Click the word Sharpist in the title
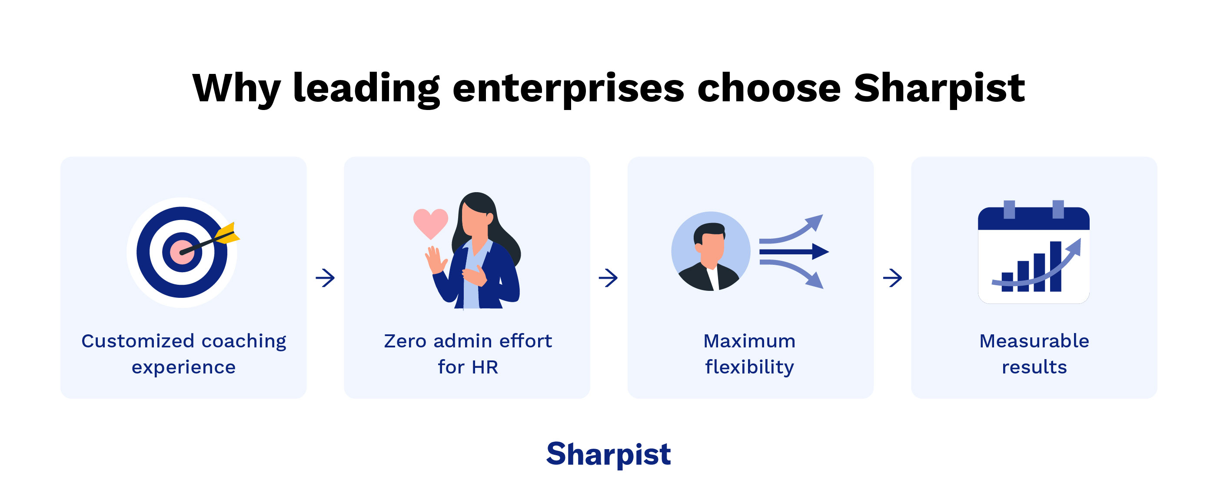tap(939, 89)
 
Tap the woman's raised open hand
tap(435, 259)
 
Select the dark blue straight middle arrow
tap(794, 251)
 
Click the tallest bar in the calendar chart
tap(1055, 267)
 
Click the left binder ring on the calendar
tap(1009, 210)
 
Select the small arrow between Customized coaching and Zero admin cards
tap(325, 278)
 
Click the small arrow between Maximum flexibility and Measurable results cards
tap(892, 278)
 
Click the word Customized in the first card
tap(137, 341)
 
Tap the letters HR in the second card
tap(485, 368)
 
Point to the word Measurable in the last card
tap(1034, 341)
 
